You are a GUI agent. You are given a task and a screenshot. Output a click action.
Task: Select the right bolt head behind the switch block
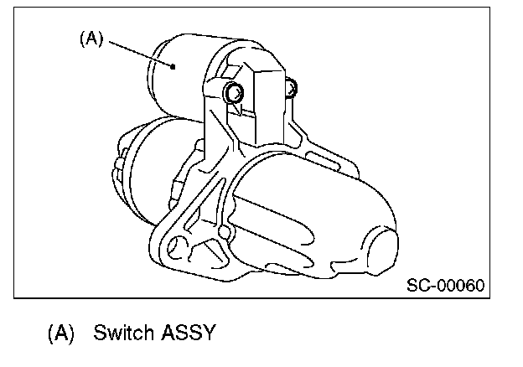pos(291,86)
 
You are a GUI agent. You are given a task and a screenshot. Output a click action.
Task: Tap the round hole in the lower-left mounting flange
pos(178,246)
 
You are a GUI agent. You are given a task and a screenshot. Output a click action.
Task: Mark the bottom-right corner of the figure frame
pos(488,297)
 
